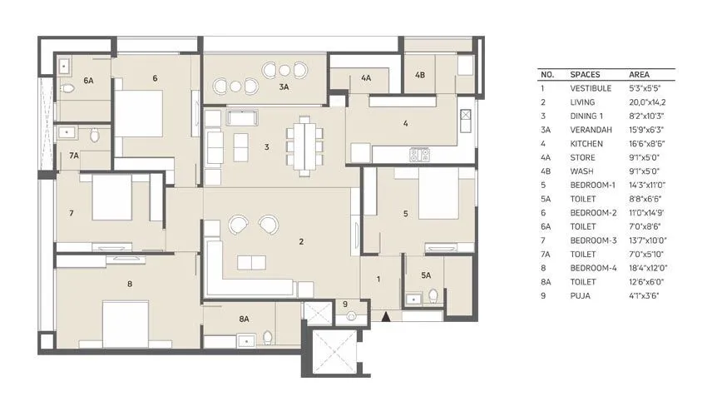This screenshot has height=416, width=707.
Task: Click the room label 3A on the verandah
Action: pyautogui.click(x=284, y=87)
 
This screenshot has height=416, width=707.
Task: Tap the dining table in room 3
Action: pyautogui.click(x=304, y=146)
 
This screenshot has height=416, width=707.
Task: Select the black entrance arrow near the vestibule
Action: pyautogui.click(x=384, y=316)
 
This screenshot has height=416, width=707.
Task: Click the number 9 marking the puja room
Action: pyautogui.click(x=344, y=304)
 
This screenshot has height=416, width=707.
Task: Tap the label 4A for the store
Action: pyautogui.click(x=366, y=78)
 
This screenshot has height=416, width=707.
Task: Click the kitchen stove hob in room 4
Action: pyautogui.click(x=418, y=154)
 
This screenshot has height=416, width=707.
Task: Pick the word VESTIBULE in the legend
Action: pyautogui.click(x=591, y=87)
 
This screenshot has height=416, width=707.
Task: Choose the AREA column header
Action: pyautogui.click(x=640, y=74)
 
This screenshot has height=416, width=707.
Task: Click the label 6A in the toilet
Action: pyautogui.click(x=89, y=81)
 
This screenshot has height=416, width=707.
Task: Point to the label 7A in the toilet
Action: pyautogui.click(x=74, y=156)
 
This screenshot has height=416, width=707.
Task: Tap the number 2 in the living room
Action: pyautogui.click(x=301, y=242)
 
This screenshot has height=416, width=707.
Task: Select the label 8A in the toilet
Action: pyautogui.click(x=245, y=319)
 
